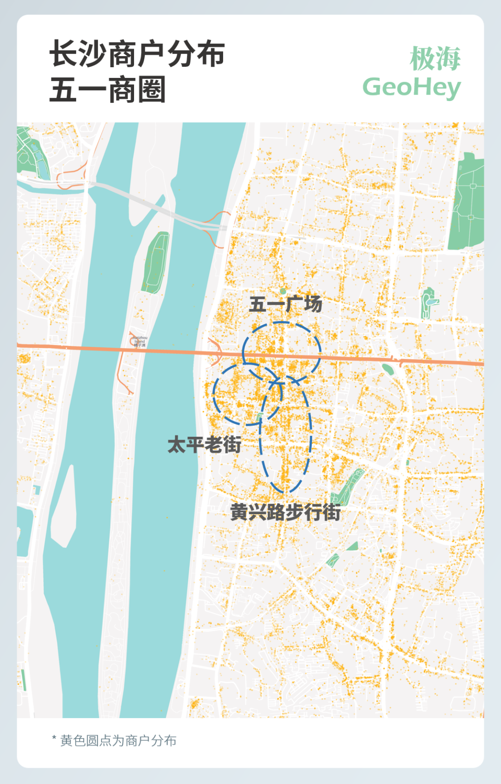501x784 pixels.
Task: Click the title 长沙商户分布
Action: [137, 54]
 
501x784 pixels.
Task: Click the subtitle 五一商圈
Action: [108, 90]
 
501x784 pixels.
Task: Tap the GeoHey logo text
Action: [411, 88]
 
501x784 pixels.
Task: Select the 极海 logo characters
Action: [435, 59]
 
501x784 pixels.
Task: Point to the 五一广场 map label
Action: [286, 305]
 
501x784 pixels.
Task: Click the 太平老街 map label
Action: [204, 445]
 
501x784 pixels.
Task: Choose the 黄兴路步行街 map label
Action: [285, 512]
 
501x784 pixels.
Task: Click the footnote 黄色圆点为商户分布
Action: [118, 740]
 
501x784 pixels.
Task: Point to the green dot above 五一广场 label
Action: [283, 291]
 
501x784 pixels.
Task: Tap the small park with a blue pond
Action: [429, 302]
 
